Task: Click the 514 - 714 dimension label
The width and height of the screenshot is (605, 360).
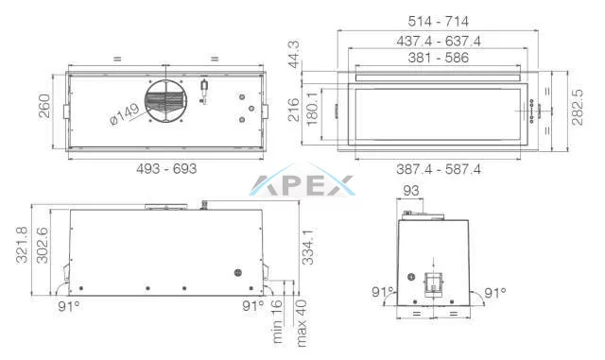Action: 439,21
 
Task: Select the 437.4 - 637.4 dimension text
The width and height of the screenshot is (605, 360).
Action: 439,41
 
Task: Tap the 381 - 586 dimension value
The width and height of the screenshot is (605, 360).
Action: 439,58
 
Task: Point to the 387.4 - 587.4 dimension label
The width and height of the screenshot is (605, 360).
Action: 439,169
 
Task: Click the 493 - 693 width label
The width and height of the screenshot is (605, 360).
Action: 166,168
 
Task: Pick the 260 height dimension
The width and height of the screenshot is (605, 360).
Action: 44,106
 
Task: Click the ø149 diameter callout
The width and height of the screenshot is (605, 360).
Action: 125,114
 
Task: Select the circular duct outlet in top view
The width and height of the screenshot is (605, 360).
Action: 166,101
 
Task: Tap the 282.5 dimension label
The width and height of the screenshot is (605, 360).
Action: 578,108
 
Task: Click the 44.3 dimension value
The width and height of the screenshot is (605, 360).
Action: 295,55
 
